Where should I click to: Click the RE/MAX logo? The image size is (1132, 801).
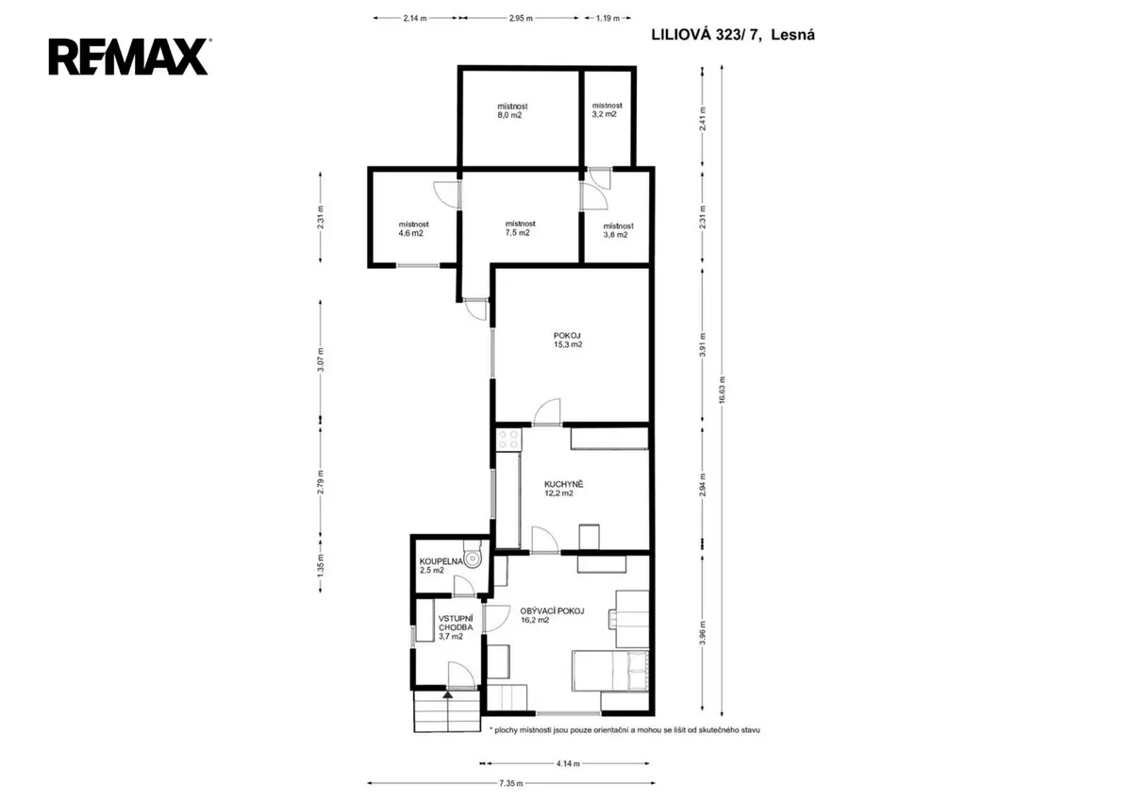(x=129, y=57)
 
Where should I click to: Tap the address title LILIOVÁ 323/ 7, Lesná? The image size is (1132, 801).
(x=733, y=35)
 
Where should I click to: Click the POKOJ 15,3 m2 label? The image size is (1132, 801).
(x=567, y=340)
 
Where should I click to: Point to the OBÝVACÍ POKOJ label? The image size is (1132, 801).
(x=552, y=611)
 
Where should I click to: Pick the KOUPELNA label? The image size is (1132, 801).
(x=441, y=561)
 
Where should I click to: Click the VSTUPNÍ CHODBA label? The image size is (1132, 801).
(x=456, y=623)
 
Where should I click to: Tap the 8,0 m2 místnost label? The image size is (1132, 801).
(x=512, y=110)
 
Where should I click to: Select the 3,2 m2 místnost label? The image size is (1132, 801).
(x=607, y=109)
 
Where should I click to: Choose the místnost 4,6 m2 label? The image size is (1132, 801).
(x=413, y=228)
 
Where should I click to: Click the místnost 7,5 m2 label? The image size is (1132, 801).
(x=520, y=228)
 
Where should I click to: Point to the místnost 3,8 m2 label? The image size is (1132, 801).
(x=618, y=230)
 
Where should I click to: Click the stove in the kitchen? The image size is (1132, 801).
(x=508, y=439)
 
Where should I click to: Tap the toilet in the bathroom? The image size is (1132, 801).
(x=473, y=554)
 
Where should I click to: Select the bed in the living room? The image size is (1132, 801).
(x=610, y=670)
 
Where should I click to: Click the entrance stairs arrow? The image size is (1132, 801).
(x=448, y=695)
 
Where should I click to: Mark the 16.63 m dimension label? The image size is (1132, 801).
(x=722, y=389)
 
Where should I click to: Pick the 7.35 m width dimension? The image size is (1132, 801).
(x=511, y=783)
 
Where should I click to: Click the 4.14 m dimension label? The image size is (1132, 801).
(x=568, y=763)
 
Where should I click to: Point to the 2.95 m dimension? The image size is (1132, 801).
(x=521, y=18)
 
